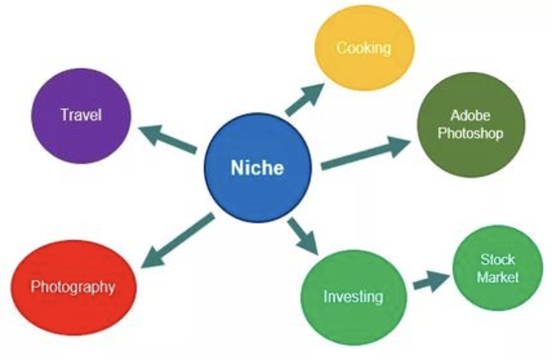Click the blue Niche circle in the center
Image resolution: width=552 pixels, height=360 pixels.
(x=258, y=168)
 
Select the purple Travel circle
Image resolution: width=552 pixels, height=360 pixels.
(x=82, y=116)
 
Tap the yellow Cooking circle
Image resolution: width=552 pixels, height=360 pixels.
(x=364, y=48)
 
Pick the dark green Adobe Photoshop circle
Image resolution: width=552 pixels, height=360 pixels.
(x=471, y=124)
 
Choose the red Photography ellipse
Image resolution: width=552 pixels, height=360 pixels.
(x=74, y=287)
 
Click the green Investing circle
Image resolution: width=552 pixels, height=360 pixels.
(x=354, y=297)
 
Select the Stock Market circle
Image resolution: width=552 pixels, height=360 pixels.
(x=498, y=268)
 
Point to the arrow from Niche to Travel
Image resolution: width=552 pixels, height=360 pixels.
(x=168, y=139)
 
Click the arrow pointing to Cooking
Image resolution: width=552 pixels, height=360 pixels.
(x=305, y=100)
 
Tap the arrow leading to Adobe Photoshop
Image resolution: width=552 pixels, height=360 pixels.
(x=366, y=153)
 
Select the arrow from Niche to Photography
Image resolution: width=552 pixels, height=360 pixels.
(x=178, y=240)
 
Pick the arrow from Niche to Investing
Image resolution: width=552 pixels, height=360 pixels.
(x=303, y=236)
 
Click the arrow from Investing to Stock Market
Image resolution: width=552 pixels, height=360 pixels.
(x=431, y=281)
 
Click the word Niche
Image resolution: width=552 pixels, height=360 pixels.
(x=257, y=168)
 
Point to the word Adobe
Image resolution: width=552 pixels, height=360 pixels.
(x=470, y=115)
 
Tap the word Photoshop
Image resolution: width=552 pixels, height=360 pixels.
(x=470, y=133)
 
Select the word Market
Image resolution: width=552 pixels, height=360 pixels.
(x=498, y=277)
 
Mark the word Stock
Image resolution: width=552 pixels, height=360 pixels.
(x=498, y=260)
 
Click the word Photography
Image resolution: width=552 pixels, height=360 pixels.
(x=73, y=287)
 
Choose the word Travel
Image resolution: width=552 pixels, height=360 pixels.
(x=81, y=115)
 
